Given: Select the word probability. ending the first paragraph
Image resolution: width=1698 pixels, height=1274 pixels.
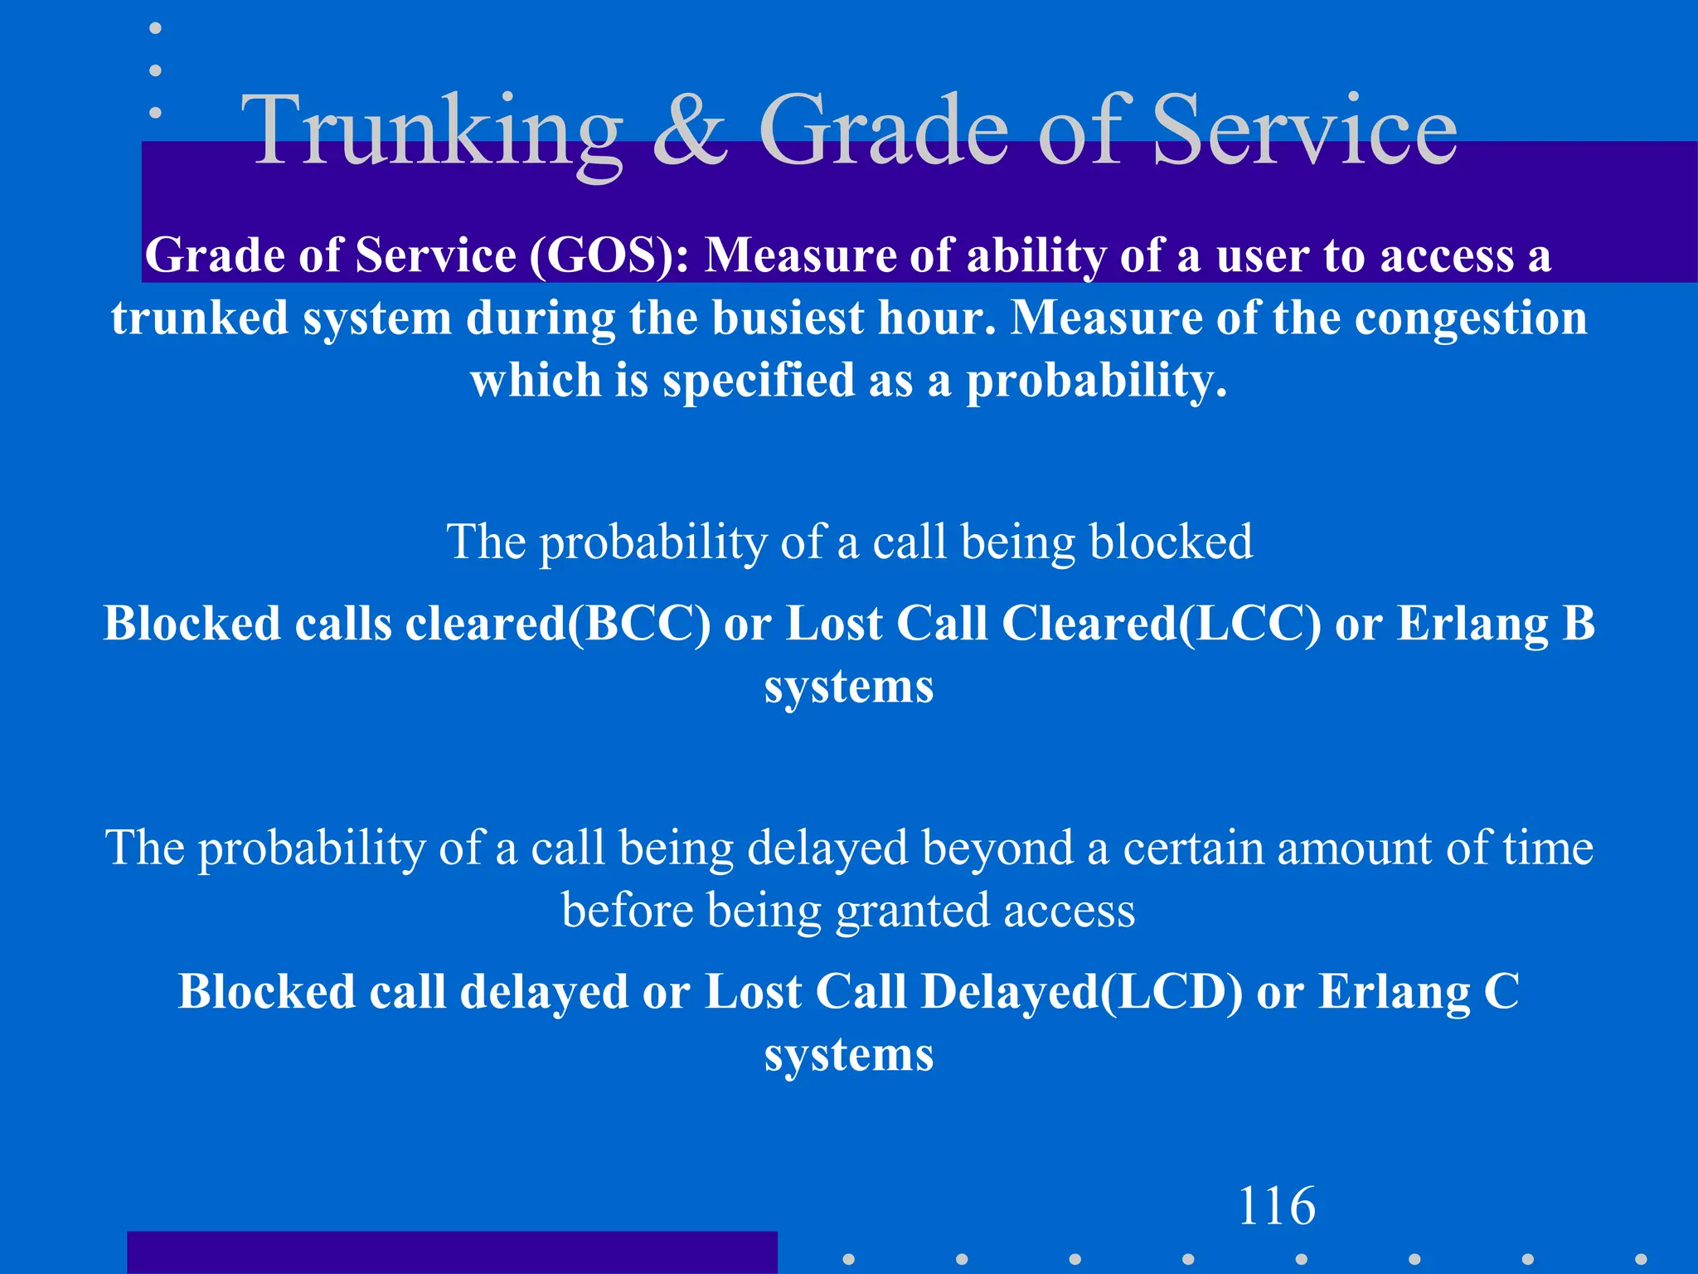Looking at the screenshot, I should click(x=1096, y=381).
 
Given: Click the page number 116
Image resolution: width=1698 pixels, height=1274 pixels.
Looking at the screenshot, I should click(x=1276, y=1206).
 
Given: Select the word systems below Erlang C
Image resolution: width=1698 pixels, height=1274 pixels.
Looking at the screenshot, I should click(x=849, y=1055).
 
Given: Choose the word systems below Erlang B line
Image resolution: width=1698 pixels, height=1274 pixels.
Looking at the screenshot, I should click(x=849, y=687).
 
